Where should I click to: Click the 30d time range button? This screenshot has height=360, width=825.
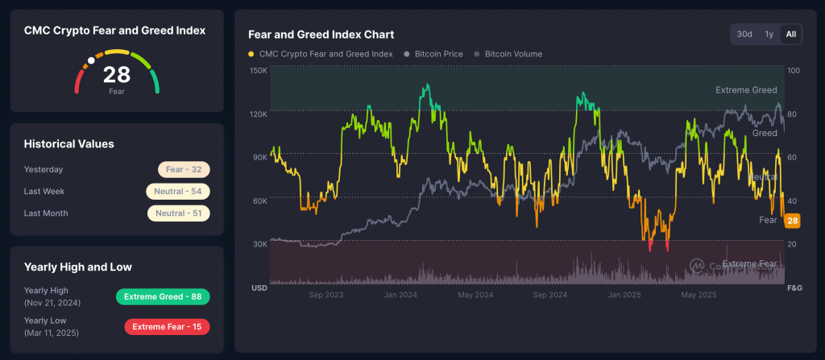744,34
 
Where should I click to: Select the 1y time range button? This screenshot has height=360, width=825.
769,34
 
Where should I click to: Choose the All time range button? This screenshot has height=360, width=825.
791,34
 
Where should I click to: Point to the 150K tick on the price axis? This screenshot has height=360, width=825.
259,71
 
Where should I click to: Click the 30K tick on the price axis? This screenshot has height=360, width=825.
259,244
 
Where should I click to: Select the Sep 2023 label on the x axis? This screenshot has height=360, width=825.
326,295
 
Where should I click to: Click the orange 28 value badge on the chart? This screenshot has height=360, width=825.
792,221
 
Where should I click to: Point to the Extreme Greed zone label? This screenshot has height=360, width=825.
746,90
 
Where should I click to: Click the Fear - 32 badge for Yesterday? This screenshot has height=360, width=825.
184,170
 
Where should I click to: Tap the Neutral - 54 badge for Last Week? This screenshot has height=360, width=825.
178,192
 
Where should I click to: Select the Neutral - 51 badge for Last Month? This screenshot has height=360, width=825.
178,213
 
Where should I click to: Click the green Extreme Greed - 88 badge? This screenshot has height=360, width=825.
163,296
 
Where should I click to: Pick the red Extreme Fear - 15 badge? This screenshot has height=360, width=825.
167,326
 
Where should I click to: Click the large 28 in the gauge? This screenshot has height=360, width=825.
117,75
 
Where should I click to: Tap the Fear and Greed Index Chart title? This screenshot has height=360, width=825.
321,35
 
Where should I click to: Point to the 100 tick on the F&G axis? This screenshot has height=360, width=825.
793,71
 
